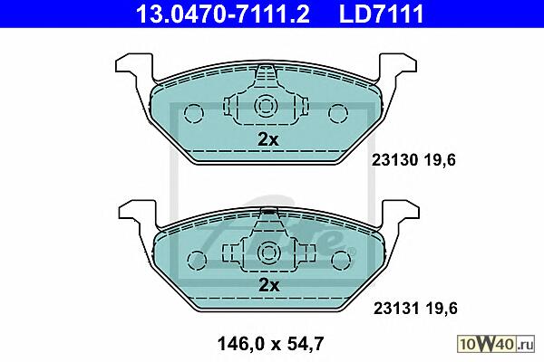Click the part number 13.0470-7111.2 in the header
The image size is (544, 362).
[x=222, y=14]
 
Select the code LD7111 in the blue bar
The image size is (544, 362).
[x=382, y=14]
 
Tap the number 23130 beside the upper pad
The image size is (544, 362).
[x=394, y=160]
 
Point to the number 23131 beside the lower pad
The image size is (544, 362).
[x=396, y=308]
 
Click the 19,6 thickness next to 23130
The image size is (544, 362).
[x=440, y=160]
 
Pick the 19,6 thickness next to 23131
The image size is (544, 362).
[x=442, y=309]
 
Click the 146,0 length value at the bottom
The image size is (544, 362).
[x=241, y=344]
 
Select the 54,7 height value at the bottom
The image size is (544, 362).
[x=306, y=344]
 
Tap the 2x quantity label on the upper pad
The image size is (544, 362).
[x=268, y=139]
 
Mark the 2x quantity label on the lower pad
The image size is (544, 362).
[x=269, y=286]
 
